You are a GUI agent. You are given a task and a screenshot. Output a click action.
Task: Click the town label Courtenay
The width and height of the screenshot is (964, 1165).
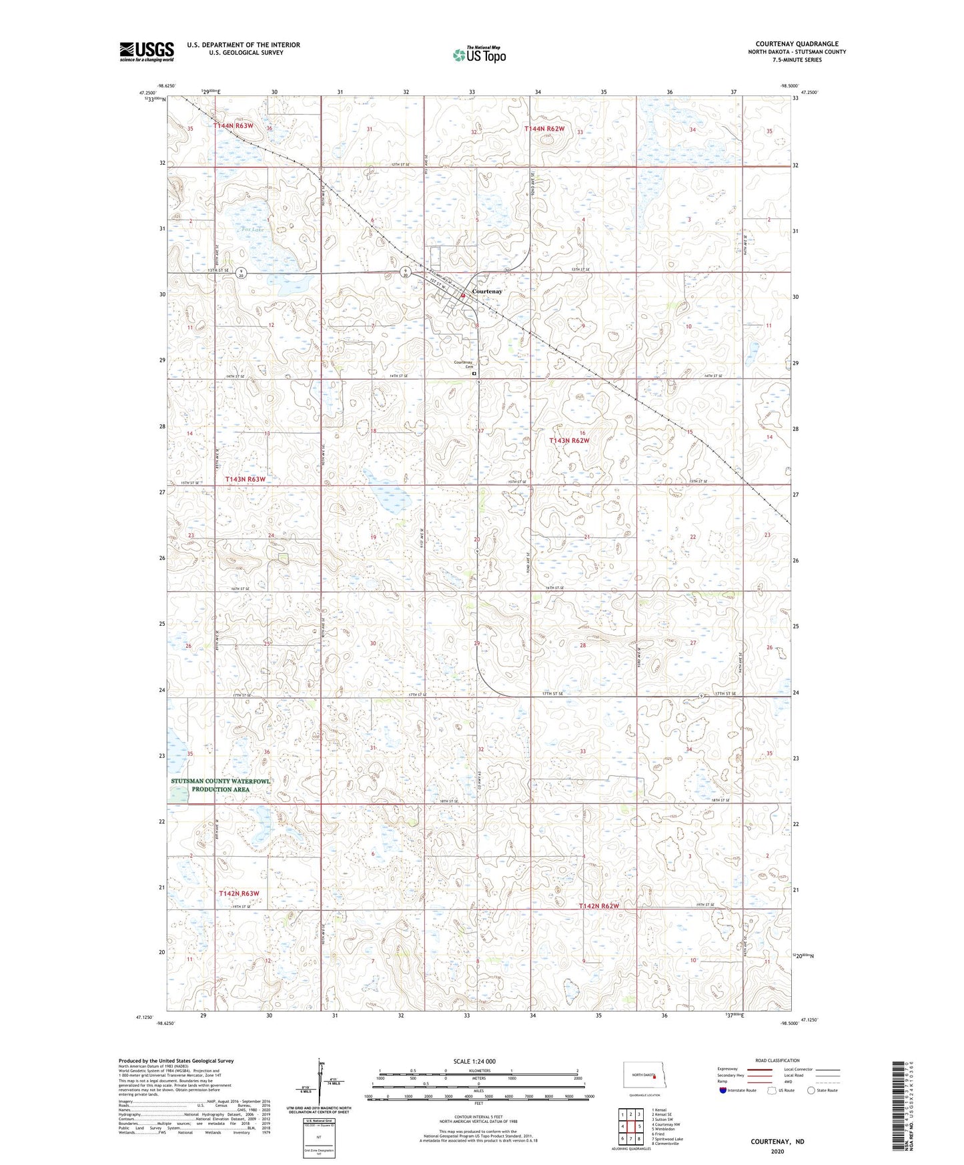point(487,292)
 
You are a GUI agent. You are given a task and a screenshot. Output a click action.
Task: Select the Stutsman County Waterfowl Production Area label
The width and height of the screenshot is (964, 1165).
point(221,785)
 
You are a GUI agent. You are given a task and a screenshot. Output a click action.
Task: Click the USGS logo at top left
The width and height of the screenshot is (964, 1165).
point(147,51)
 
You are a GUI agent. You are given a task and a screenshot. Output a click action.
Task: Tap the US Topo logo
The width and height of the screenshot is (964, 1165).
point(479,55)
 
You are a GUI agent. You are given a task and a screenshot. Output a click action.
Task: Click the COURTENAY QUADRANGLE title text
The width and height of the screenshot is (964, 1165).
point(797,44)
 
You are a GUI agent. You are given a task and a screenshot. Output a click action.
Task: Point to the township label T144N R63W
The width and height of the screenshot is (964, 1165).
point(233,125)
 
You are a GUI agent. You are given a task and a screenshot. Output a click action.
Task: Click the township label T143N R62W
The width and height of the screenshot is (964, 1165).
point(569,440)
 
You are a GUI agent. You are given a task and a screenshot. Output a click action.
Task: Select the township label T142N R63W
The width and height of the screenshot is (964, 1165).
point(239,893)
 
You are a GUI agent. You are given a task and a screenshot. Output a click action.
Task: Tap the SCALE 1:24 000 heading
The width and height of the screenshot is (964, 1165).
point(474,1061)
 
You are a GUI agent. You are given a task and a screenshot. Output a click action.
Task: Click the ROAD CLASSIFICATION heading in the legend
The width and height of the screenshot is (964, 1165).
point(777,1060)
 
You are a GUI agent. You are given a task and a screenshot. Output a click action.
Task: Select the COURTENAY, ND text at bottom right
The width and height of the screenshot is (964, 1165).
point(777,1141)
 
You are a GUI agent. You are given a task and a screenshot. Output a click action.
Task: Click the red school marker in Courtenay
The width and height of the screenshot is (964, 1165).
point(462,296)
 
